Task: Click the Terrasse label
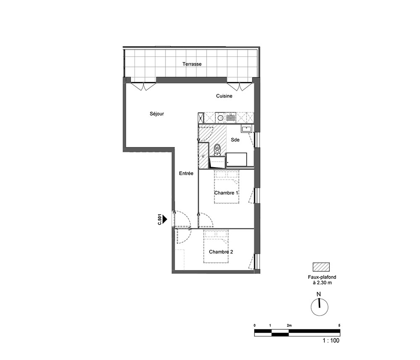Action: coord(192,64)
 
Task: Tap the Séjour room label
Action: coord(157,114)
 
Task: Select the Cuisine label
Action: coord(224,96)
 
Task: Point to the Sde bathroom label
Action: coord(235,139)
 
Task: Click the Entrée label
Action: coord(186,173)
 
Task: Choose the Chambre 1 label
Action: coord(226,193)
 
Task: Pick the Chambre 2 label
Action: coord(221,252)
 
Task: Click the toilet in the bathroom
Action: coord(217,150)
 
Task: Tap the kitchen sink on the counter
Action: coord(231,118)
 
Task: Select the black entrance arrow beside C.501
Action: coord(165,219)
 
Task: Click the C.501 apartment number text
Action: coord(159,219)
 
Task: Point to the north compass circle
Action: coord(320,307)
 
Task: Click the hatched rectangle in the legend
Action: coord(321,267)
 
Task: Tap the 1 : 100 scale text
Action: coord(331,340)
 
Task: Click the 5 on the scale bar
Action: coord(339,326)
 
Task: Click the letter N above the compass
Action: coord(319,294)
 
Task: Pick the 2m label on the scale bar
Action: coord(289,326)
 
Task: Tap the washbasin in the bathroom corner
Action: coord(246,129)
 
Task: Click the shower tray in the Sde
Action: coord(236,160)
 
